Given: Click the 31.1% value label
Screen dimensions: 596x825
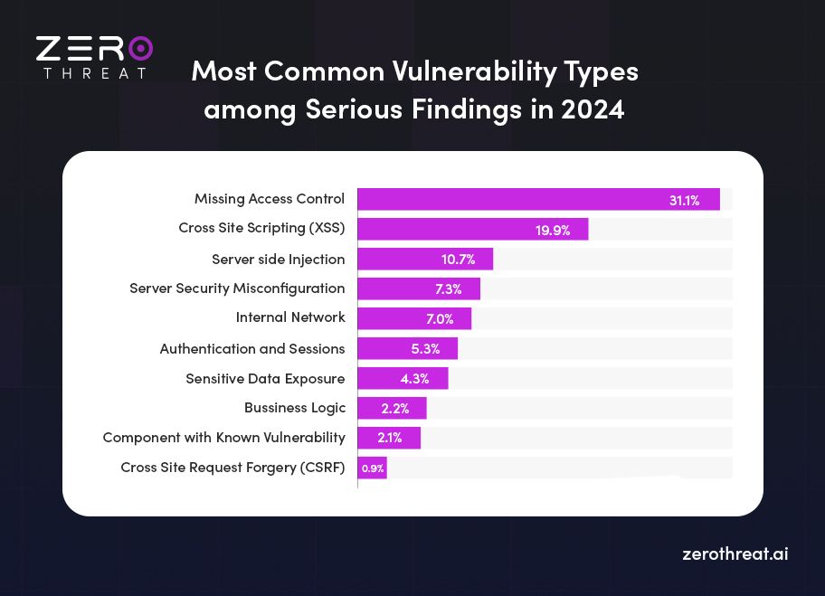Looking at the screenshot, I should (x=684, y=200).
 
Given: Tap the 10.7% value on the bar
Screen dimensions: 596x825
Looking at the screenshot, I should (x=458, y=260).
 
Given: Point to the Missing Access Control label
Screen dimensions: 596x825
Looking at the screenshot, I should (x=270, y=199).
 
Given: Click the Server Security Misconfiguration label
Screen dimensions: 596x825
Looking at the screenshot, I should (x=237, y=289).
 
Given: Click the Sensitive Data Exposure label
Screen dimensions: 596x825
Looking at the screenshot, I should (x=265, y=378).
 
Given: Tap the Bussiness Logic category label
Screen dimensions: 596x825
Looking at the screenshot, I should (x=294, y=408).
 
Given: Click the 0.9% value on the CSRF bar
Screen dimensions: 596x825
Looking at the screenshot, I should (x=373, y=468).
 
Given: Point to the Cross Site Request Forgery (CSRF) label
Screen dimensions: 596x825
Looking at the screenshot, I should (x=232, y=468).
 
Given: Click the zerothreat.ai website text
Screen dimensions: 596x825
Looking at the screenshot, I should (x=735, y=553).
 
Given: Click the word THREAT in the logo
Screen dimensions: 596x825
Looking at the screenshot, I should (x=94, y=72).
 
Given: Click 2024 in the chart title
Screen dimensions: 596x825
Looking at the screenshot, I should (x=593, y=109).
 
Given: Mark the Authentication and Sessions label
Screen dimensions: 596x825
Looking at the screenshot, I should (x=252, y=348).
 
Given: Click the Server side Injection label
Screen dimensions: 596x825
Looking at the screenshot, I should (x=279, y=259).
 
